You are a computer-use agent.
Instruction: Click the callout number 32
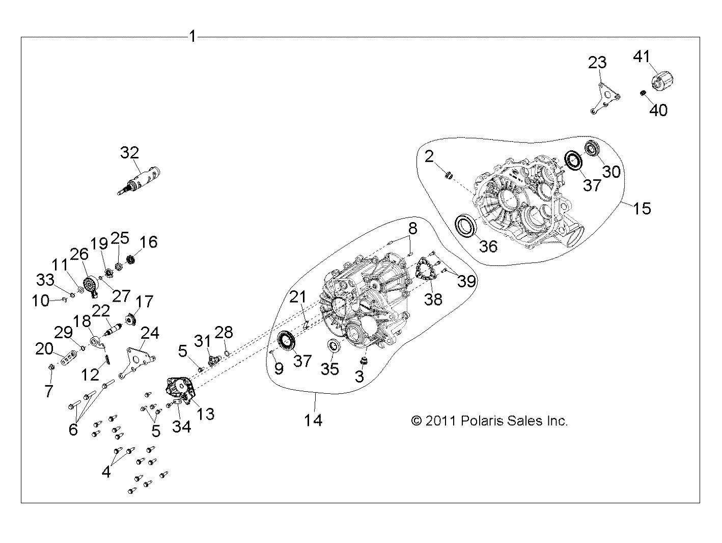point(130,153)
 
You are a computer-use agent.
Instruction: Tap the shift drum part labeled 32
point(139,181)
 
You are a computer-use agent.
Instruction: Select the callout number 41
point(642,57)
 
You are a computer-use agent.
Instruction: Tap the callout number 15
point(642,208)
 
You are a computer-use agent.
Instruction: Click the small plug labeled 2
point(448,176)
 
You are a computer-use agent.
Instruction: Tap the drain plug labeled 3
point(364,361)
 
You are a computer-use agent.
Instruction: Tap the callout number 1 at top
point(193,37)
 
